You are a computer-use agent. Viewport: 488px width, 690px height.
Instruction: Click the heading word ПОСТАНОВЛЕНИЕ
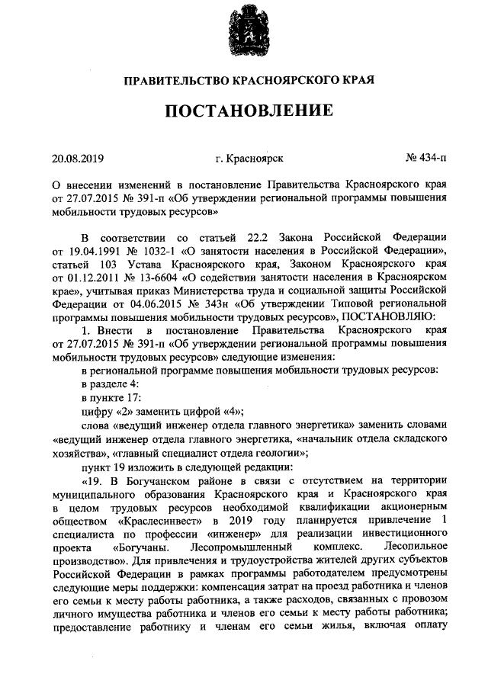(x=244, y=111)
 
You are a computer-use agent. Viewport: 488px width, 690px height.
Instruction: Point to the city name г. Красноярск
(x=249, y=159)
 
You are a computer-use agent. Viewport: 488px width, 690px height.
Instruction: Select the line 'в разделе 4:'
(x=110, y=384)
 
